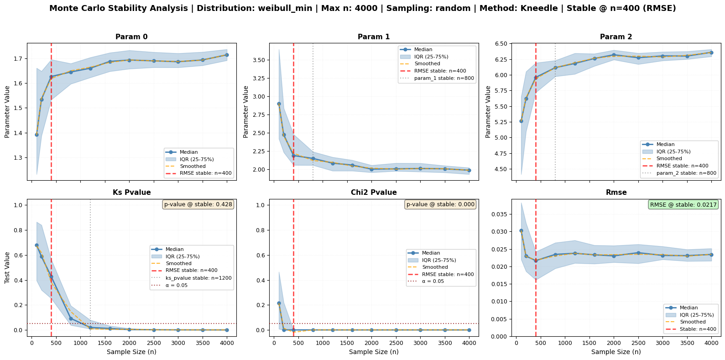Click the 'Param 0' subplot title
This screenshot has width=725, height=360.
coord(131,37)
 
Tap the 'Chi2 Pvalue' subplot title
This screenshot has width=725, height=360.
coord(374,192)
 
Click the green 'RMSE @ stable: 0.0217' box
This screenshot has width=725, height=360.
coord(683,204)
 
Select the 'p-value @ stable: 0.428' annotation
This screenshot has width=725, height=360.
coord(198,204)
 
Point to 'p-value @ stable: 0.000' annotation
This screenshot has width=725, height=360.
coord(440,204)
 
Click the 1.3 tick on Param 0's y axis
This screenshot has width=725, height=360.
coord(19,158)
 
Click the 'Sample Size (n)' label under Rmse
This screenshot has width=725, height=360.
coord(616,352)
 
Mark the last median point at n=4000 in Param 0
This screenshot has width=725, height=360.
coord(227,55)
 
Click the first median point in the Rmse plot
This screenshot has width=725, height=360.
coord(521,231)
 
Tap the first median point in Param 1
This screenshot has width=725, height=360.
coord(279,104)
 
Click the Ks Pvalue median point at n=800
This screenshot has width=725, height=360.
coord(71,319)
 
